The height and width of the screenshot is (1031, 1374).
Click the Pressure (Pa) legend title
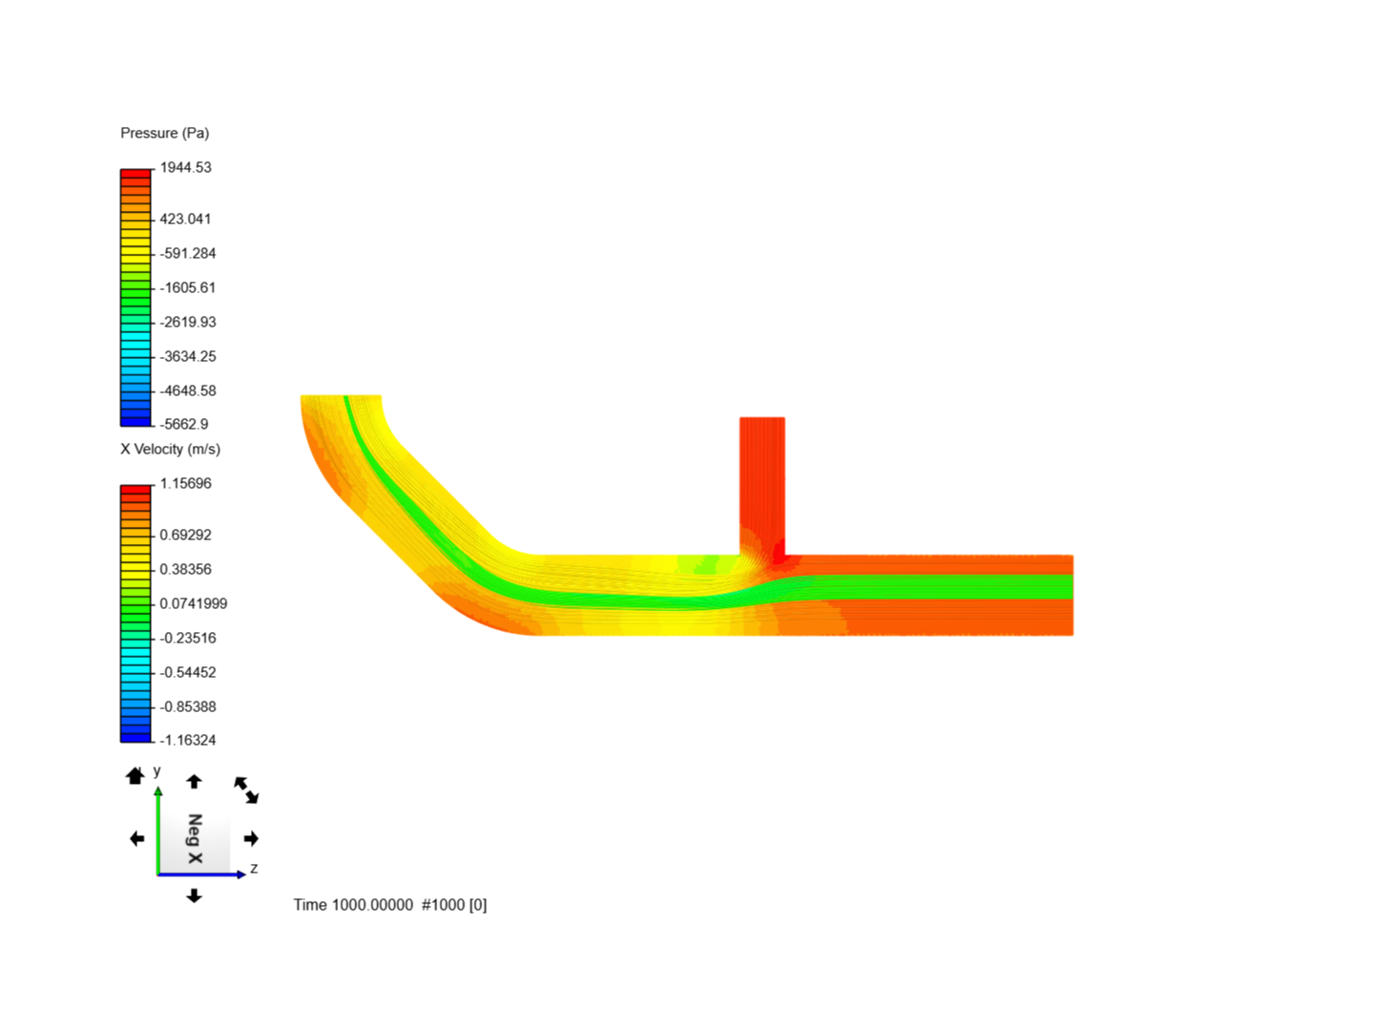pos(164,133)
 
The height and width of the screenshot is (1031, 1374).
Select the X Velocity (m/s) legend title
pos(170,449)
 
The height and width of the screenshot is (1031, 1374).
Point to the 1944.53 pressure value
pos(185,167)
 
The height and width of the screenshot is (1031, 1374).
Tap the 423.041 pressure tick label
pos(185,219)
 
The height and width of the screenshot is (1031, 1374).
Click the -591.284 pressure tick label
pos(187,253)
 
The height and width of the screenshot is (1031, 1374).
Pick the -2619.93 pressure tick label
pos(187,322)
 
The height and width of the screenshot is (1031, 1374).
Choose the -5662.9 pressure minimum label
pos(184,424)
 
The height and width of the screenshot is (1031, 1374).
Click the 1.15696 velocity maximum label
pos(185,483)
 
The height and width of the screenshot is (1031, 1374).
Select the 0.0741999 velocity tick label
pos(193,603)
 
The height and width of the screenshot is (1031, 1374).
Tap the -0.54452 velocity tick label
pos(187,672)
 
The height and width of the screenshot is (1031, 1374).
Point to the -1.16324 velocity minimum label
pos(187,740)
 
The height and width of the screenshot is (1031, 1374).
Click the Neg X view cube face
pos(195,839)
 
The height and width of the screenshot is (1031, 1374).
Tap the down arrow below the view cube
pos(194,895)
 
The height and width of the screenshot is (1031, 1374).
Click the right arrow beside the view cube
pos(251,838)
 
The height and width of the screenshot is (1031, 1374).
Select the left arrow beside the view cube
pos(136,838)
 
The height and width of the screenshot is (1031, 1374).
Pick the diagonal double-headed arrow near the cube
pos(246,789)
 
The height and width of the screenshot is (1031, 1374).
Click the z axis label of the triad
pos(254,869)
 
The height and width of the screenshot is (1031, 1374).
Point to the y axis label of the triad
pos(157,770)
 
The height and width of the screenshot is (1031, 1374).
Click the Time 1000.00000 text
pos(353,905)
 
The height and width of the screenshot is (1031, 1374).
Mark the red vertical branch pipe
pos(761,482)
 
